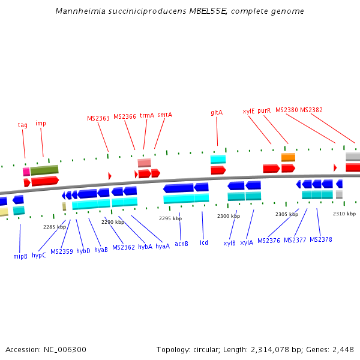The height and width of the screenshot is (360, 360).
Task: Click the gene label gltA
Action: pyautogui.click(x=217, y=112)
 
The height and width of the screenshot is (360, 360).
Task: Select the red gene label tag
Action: pyautogui.click(x=22, y=125)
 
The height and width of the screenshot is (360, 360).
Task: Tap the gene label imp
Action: pyautogui.click(x=41, y=124)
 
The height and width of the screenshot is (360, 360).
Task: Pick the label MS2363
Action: pyautogui.click(x=98, y=119)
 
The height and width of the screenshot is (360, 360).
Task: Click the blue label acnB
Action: pyautogui.click(x=181, y=244)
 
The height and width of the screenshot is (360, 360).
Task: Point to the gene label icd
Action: pyautogui.click(x=204, y=242)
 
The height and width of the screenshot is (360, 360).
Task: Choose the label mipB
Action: pyautogui.click(x=20, y=256)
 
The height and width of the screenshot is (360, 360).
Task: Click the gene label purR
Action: pyautogui.click(x=264, y=111)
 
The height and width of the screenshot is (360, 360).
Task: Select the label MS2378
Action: pyautogui.click(x=320, y=240)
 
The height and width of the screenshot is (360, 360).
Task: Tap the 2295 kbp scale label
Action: pyautogui.click(x=170, y=219)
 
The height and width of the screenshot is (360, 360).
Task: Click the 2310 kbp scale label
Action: pyautogui.click(x=344, y=214)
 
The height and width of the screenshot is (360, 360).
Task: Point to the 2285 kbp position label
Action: pyautogui.click(x=54, y=227)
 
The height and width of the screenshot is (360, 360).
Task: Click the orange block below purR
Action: pyautogui.click(x=288, y=157)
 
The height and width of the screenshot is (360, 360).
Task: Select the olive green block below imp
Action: pyautogui.click(x=44, y=170)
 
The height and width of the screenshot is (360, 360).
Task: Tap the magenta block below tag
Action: pyautogui.click(x=26, y=172)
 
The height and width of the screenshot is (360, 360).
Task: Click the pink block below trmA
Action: pyautogui.click(x=144, y=163)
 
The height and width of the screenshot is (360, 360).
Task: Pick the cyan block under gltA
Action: pyautogui.click(x=218, y=160)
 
